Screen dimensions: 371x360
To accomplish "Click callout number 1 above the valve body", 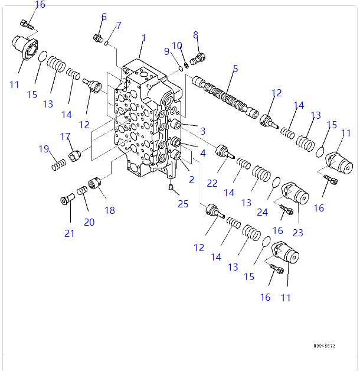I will click(x=143, y=38).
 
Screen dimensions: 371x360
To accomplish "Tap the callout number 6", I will click(x=104, y=17).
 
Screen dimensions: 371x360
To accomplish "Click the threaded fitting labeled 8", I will click(x=198, y=58).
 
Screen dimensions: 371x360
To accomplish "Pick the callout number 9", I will click(x=166, y=51).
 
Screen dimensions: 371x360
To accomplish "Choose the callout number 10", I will click(x=177, y=45).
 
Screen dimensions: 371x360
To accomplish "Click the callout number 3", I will click(x=202, y=131).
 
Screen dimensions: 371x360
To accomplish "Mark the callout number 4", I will click(x=202, y=153).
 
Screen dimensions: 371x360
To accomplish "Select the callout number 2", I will click(x=191, y=180).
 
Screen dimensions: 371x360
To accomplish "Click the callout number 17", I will click(x=66, y=136).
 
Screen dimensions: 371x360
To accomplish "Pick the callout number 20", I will click(x=89, y=222).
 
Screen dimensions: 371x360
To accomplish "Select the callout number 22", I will click(x=212, y=184).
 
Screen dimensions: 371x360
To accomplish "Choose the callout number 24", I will click(x=262, y=212).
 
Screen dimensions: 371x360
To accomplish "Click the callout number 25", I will click(x=184, y=204).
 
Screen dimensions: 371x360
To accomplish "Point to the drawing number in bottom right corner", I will click(x=324, y=346).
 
